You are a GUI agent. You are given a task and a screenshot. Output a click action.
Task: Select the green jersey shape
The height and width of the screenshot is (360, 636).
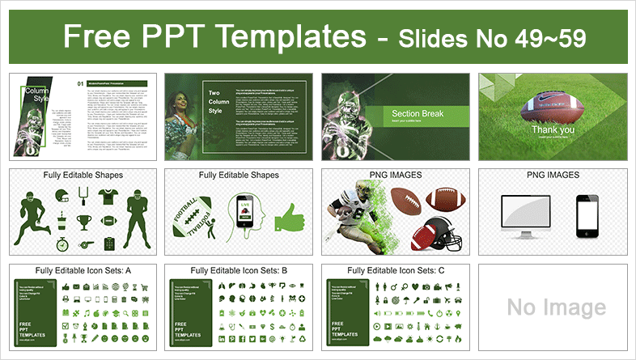tap(109, 197)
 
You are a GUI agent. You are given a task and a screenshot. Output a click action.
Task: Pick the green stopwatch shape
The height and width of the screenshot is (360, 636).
tap(63, 243)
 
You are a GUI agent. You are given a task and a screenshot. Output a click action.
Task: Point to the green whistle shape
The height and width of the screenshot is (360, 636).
tap(86, 242)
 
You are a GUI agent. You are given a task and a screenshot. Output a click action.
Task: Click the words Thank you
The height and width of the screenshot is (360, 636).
tap(553, 129)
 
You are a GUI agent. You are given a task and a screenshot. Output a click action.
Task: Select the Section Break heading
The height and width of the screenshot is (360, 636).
tap(415, 114)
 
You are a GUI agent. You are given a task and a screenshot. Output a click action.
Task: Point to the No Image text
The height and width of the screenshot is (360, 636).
tap(556, 307)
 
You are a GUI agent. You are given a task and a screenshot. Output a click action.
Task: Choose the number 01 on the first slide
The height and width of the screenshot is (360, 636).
tap(80, 83)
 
